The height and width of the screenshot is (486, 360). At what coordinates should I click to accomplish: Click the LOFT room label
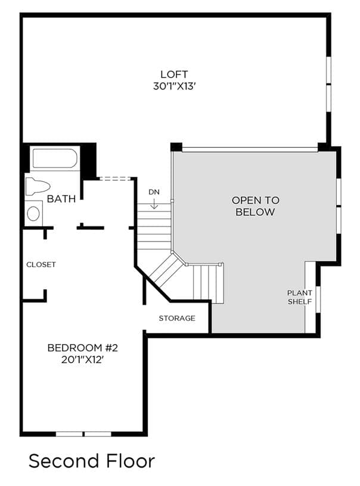click(174, 75)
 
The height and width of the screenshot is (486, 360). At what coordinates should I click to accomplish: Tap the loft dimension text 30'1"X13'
click(175, 86)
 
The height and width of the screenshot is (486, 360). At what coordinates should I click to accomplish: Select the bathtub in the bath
click(55, 159)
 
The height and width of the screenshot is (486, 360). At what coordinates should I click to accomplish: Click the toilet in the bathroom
click(38, 187)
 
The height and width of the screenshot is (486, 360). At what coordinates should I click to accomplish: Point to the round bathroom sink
click(33, 213)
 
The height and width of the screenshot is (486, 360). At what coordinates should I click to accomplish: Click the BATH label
click(61, 199)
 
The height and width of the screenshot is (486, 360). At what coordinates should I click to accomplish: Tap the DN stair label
click(154, 192)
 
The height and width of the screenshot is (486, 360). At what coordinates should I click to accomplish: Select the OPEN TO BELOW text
click(256, 206)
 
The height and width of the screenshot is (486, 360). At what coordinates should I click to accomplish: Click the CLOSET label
click(41, 265)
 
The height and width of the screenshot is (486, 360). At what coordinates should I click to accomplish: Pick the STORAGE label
click(177, 318)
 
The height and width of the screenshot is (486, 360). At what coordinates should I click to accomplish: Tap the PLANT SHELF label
click(300, 297)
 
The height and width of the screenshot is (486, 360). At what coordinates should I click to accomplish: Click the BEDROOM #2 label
click(83, 348)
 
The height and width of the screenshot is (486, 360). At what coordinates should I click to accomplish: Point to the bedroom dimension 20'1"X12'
click(82, 360)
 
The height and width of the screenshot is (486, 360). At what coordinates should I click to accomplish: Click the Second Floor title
click(92, 461)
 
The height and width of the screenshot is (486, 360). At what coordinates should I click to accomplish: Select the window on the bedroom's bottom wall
click(83, 434)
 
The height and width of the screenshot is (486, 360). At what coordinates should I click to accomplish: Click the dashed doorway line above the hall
click(114, 178)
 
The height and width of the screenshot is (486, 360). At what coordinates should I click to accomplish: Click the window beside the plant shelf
click(318, 300)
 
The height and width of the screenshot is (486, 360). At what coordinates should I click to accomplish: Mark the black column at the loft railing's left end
click(176, 147)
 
